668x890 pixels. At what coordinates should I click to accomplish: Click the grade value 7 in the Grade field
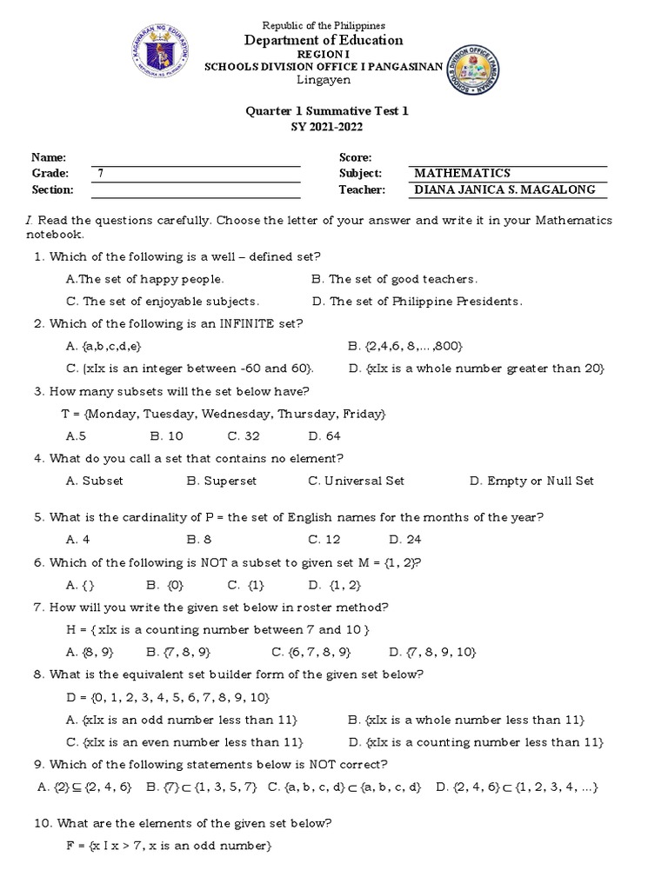tap(101, 174)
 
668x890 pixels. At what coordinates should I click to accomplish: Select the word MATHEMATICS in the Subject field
tap(462, 174)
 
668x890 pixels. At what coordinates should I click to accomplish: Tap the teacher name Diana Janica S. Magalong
tap(509, 190)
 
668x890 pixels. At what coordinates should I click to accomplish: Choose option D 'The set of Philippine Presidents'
tap(417, 302)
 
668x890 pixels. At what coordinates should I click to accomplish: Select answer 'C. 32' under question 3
tap(245, 436)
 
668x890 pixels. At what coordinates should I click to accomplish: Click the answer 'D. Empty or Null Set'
tap(531, 481)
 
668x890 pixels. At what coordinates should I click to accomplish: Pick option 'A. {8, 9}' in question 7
tap(90, 652)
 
